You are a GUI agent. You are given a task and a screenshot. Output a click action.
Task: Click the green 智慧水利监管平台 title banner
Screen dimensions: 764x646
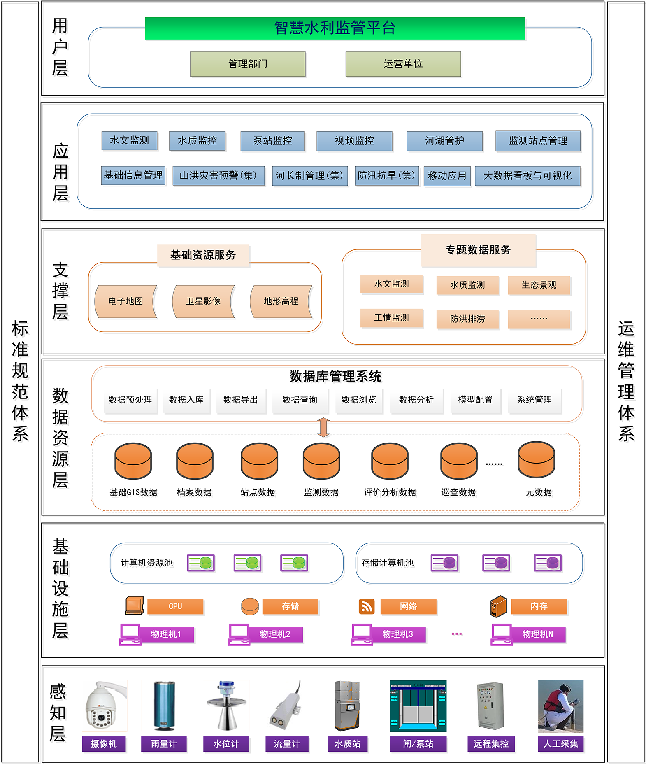pos(335,28)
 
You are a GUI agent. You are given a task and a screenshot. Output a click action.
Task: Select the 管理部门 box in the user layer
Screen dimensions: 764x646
pos(248,64)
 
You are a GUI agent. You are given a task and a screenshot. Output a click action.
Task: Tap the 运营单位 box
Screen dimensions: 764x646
pos(403,64)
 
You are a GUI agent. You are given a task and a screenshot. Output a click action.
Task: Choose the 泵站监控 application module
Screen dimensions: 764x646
pos(272,141)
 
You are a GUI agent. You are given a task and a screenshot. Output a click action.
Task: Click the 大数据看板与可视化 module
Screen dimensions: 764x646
pos(527,176)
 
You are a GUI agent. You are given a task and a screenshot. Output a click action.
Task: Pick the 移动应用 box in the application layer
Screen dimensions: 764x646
pos(447,176)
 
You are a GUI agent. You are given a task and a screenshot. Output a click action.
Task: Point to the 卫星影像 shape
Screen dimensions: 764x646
pos(203,301)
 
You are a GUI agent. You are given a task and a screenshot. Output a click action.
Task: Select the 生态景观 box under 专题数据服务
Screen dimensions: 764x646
pos(539,285)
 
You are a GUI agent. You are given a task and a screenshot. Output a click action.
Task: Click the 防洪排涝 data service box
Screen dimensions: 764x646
pos(467,319)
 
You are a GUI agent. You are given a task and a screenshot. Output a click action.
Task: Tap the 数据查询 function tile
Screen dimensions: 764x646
pos(300,400)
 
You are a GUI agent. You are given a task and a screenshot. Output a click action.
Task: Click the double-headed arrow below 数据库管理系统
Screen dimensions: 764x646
pos(323,427)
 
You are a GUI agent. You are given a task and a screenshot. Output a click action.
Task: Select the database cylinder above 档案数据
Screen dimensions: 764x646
pos(195,461)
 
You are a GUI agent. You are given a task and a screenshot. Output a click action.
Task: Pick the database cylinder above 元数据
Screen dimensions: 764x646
pos(536,459)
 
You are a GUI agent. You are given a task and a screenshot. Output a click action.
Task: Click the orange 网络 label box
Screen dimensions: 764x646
pos(408,606)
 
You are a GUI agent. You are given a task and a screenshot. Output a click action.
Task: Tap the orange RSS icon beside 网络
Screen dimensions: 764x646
pos(367,606)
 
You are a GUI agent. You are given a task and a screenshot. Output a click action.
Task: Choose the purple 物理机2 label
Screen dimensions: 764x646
pos(275,634)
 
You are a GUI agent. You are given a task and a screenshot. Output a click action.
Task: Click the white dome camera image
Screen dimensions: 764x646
pos(104,706)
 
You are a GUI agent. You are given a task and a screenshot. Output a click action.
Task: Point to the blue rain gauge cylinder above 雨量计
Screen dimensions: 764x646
pos(164,706)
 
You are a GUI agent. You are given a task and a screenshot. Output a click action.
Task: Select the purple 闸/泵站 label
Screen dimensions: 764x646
pos(418,744)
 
